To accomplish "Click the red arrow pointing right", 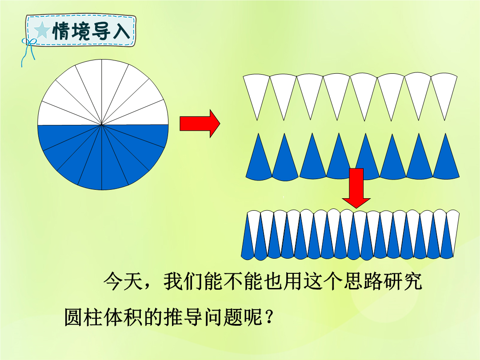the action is click(200, 124).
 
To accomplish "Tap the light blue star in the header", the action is click(42, 30).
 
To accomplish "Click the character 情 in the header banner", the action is click(62, 31).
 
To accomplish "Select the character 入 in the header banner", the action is click(121, 31).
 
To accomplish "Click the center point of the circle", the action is click(102, 124).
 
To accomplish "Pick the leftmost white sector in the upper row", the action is click(256, 92).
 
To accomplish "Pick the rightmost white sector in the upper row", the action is click(444, 92).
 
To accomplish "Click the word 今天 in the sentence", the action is click(123, 281).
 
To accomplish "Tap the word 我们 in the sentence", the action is click(184, 281).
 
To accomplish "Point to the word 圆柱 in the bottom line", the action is click(83, 317).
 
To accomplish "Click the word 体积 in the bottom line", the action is click(123, 317).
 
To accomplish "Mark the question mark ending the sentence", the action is click(269, 317).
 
